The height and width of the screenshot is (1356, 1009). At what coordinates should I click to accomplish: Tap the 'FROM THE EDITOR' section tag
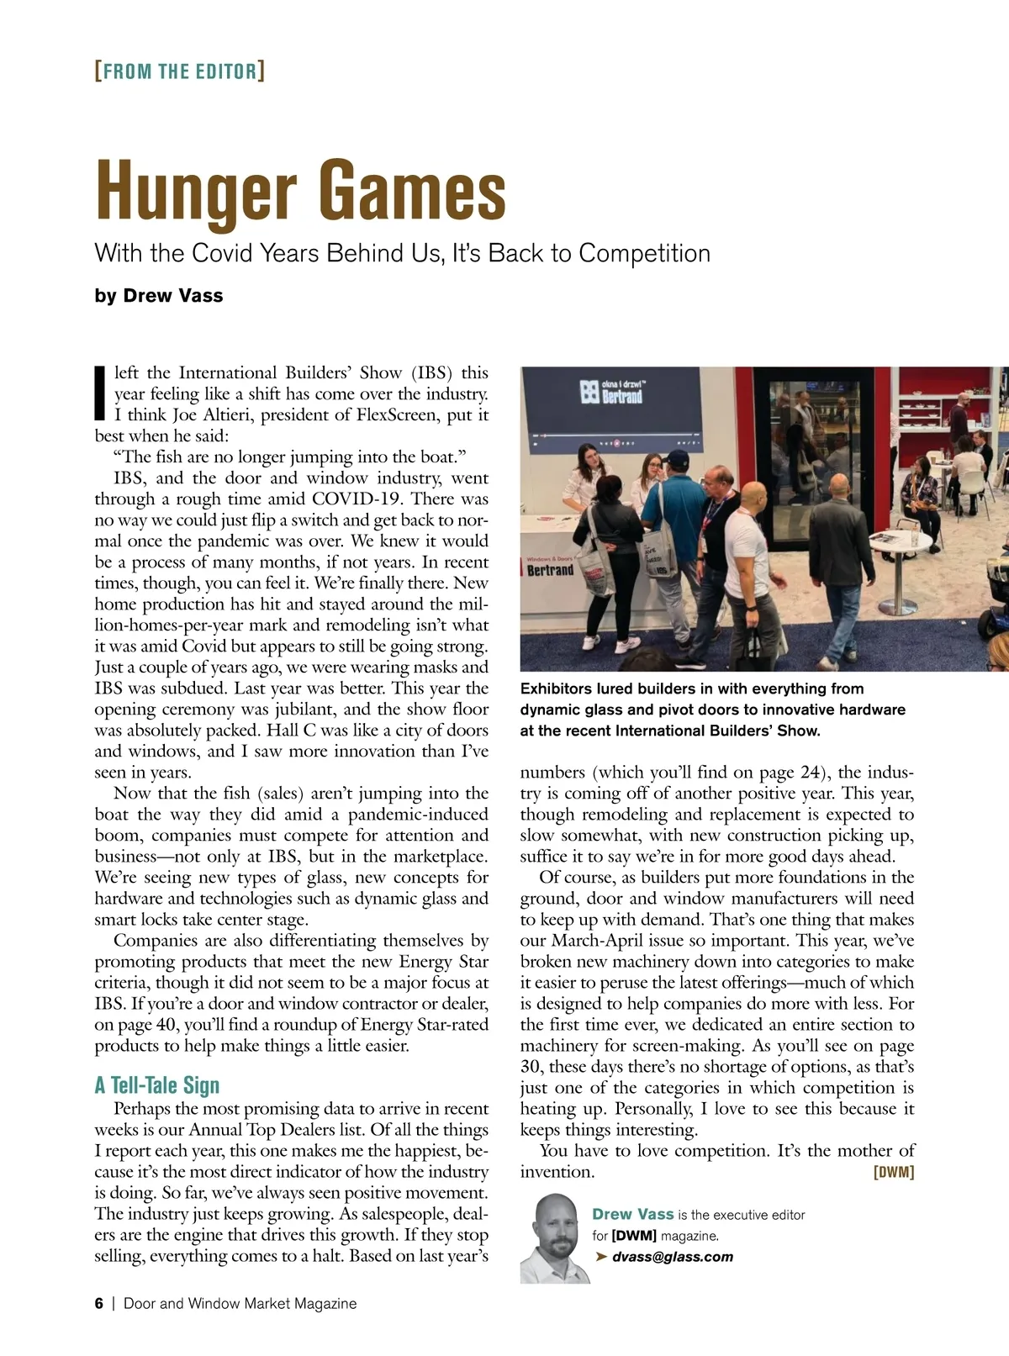tap(180, 71)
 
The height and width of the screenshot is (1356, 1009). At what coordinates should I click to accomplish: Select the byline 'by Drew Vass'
tap(159, 296)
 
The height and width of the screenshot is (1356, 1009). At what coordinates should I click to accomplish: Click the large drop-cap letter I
tap(100, 393)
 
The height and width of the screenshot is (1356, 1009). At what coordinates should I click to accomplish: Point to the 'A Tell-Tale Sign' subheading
tap(157, 1085)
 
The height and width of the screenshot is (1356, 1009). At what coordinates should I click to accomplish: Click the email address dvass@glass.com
tap(672, 1257)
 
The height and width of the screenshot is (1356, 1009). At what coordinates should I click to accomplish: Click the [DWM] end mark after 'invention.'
tap(894, 1172)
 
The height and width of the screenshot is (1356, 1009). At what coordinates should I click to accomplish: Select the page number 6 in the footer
tap(99, 1303)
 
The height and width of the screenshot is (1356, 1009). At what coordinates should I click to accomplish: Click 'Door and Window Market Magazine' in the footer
tap(240, 1303)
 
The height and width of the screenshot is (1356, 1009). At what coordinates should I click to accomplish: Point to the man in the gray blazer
tap(715, 538)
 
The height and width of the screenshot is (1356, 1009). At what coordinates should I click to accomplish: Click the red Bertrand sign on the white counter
tap(550, 570)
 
